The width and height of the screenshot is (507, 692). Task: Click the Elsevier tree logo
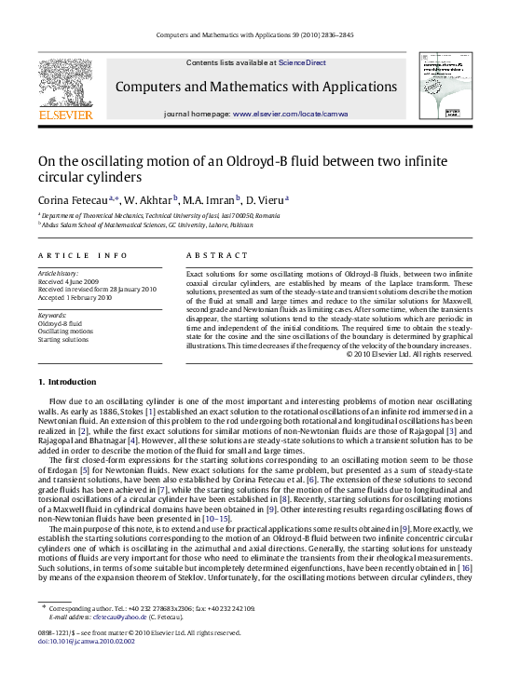(65, 83)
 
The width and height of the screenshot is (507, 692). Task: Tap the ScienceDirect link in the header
(302, 62)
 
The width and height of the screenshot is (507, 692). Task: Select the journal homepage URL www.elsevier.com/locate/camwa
(290, 113)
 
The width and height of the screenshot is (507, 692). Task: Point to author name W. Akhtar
(151, 198)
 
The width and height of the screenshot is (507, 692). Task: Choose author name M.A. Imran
(212, 198)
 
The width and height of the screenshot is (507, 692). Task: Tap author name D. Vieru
(267, 198)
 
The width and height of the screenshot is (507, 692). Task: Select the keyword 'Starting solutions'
(63, 338)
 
